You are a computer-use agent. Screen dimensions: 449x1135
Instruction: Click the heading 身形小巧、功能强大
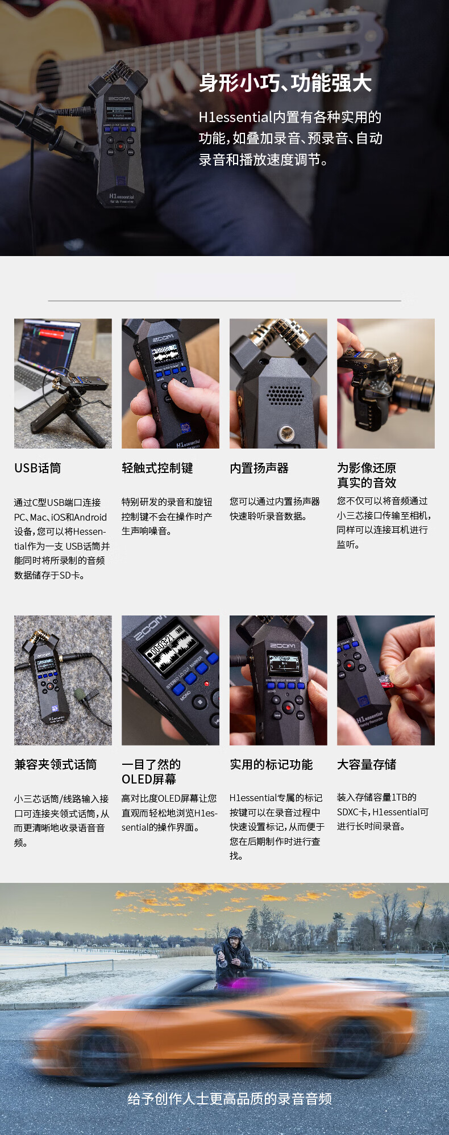click(x=285, y=83)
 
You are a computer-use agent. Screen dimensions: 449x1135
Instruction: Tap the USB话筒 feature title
click(x=38, y=468)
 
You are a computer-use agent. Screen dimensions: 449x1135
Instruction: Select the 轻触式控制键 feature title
click(x=157, y=468)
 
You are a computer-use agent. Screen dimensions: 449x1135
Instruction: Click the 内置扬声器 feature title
click(x=259, y=468)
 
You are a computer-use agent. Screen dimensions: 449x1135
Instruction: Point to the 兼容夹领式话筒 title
click(x=56, y=764)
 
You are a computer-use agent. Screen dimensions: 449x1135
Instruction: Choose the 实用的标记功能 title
click(x=271, y=764)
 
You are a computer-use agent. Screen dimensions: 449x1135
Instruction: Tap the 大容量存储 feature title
click(x=367, y=764)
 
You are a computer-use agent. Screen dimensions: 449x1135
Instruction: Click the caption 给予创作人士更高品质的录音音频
click(x=230, y=1099)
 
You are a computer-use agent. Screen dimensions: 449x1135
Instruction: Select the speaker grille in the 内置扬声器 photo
click(x=285, y=395)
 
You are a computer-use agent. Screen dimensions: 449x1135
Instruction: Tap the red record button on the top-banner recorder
click(x=120, y=146)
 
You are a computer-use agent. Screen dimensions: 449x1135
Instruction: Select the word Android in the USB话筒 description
click(x=90, y=517)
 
